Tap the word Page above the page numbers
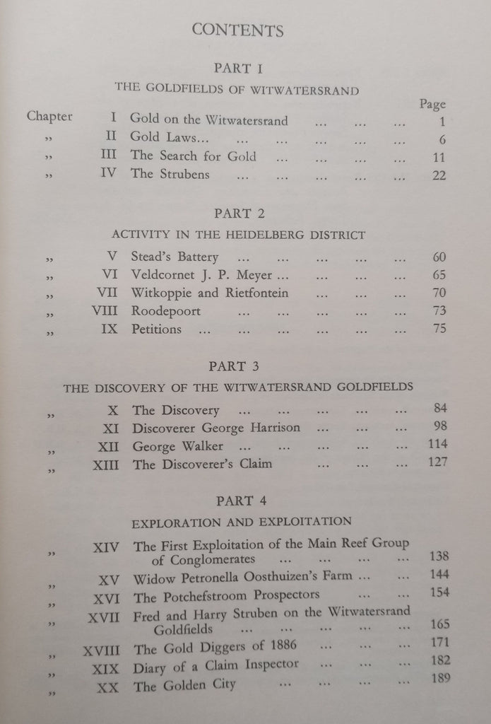click(432, 104)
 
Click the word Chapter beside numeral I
click(49, 117)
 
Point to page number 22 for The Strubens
click(439, 175)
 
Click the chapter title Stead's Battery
click(174, 257)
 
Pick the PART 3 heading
click(237, 366)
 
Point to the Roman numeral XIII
click(105, 465)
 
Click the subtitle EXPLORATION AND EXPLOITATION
click(242, 522)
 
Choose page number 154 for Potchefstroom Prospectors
click(439, 592)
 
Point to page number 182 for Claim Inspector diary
click(439, 663)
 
